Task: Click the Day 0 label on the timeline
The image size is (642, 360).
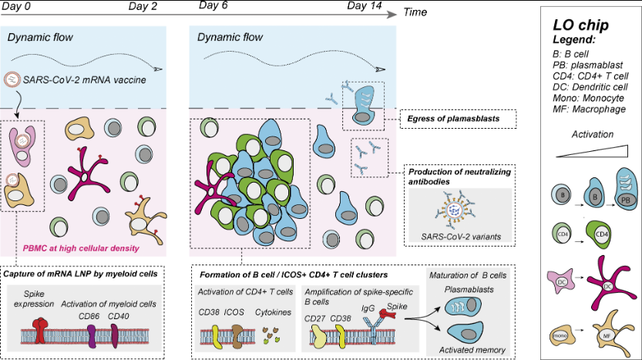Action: point(18,7)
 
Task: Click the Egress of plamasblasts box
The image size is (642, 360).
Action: point(459,119)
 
